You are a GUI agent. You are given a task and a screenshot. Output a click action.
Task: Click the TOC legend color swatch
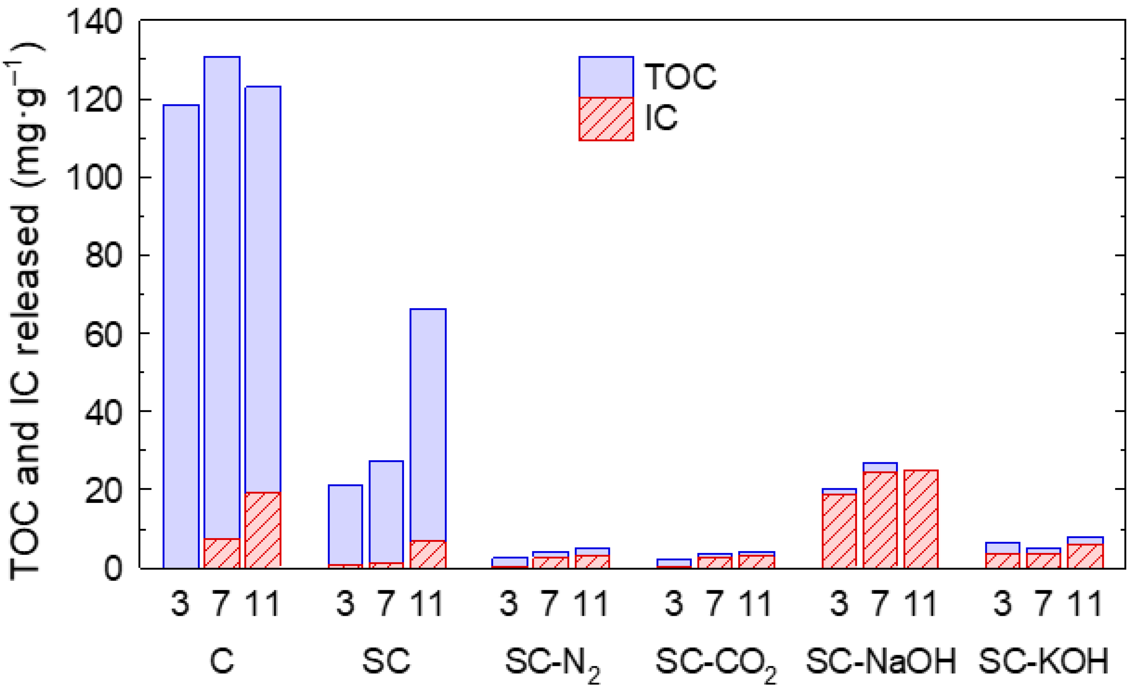click(x=606, y=77)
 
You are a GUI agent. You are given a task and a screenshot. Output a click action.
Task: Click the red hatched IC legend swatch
click(x=606, y=119)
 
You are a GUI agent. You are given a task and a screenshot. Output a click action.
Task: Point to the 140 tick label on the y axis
click(x=94, y=22)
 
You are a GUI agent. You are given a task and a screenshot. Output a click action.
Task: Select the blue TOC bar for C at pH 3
click(x=181, y=337)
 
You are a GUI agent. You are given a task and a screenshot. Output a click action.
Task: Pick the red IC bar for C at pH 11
click(x=263, y=530)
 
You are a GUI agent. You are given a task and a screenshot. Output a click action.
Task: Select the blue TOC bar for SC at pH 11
click(x=428, y=424)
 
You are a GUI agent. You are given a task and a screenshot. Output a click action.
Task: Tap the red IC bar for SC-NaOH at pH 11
click(x=921, y=519)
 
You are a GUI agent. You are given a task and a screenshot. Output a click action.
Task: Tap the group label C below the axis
click(x=222, y=661)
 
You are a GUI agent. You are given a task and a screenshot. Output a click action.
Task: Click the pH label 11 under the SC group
click(x=427, y=604)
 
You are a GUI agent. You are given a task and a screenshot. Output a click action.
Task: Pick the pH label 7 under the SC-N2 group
click(x=550, y=604)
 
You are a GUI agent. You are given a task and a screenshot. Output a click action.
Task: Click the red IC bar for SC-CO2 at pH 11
click(x=756, y=562)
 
